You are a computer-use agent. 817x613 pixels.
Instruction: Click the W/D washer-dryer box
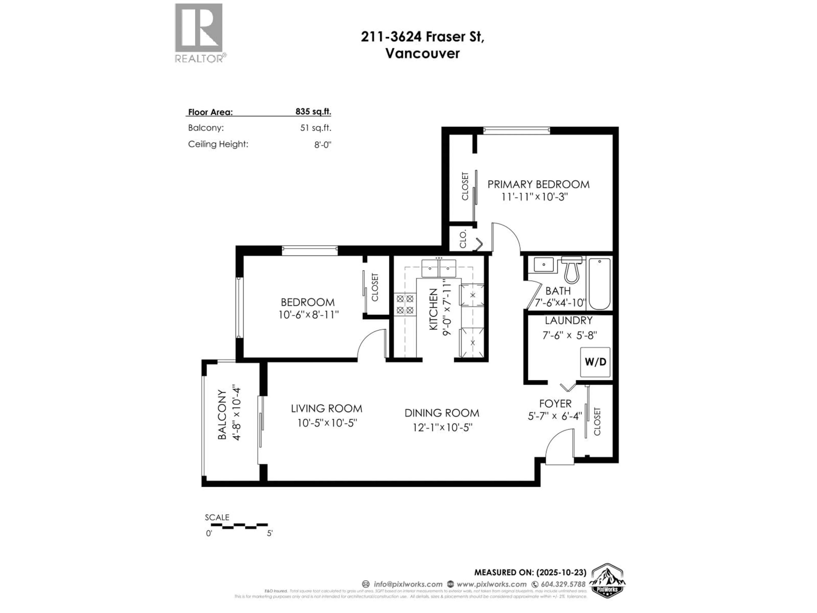pos(595,362)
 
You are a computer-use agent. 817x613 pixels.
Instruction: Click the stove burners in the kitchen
pos(405,304)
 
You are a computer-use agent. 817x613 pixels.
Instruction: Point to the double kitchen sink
pos(439,268)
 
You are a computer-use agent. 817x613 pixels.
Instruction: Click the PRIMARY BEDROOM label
pos(538,184)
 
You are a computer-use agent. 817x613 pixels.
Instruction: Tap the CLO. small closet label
pos(463,239)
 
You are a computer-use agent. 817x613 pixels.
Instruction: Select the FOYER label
pos(555,404)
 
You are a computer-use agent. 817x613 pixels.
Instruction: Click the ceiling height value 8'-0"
pos(323,145)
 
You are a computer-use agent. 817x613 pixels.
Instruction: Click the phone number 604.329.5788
pos(563,584)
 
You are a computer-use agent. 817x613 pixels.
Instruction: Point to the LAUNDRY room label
pos(568,320)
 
